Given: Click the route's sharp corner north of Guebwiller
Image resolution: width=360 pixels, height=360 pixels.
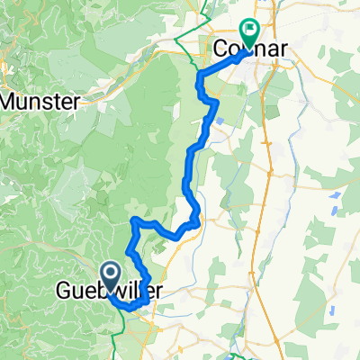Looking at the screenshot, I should click(x=134, y=220).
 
